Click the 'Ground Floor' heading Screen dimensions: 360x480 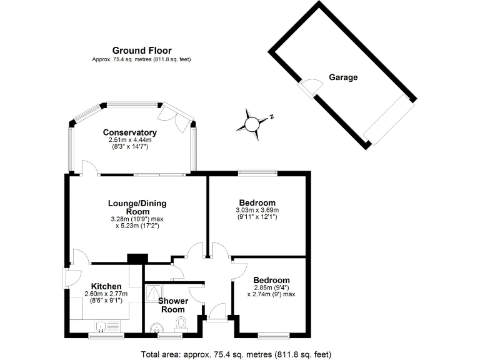[142, 50]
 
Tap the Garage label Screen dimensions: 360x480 [343, 77]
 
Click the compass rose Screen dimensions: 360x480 [252, 123]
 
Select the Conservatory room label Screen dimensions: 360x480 [129, 132]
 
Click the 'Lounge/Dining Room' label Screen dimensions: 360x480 [137, 207]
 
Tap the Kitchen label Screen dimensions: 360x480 [106, 286]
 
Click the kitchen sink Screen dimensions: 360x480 [106, 326]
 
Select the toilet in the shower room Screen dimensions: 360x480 [182, 324]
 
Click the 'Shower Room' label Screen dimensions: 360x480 [172, 305]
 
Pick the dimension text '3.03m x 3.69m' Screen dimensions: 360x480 [257, 210]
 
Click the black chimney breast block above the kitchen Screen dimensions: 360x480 [137, 257]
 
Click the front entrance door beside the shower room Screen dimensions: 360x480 [217, 312]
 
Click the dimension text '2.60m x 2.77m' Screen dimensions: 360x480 [106, 294]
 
